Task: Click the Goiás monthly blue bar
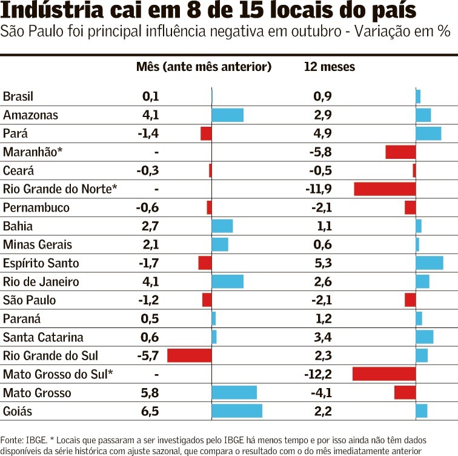pos(237,411)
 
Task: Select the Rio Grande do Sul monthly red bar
pos(189,355)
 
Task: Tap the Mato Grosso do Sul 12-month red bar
pos(383,374)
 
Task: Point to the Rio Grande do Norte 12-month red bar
pos(385,189)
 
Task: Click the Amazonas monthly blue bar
pos(227,115)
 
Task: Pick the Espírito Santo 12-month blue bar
pos(429,263)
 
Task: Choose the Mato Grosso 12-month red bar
pos(405,392)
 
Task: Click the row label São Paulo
pos(29,300)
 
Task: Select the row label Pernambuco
pos(36,207)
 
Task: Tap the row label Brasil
pos(18,96)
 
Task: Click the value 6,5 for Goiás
pos(150,412)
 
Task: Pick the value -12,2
pos(318,374)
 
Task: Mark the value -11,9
pos(318,189)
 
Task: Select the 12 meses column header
pos(329,67)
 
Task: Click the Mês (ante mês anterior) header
pos(204,67)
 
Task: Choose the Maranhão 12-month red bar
pos(400,152)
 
